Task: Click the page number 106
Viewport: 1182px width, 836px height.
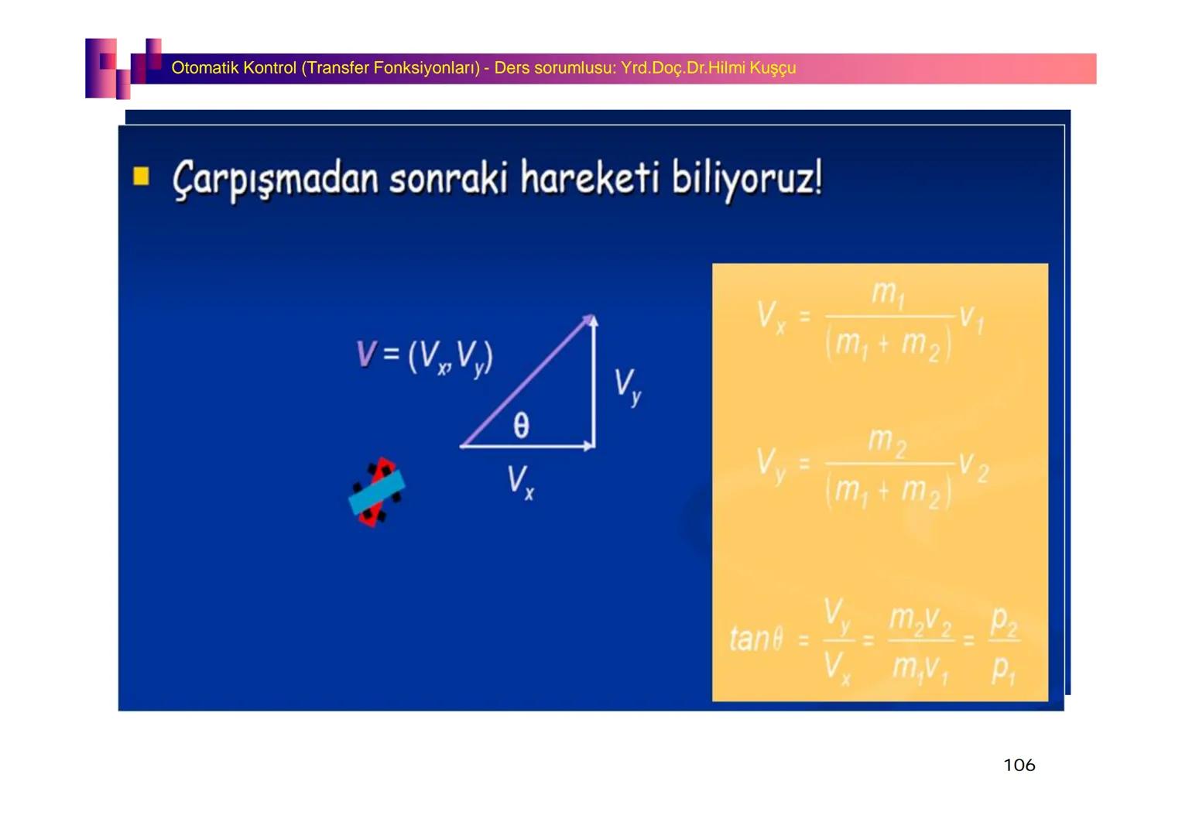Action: pyautogui.click(x=1019, y=765)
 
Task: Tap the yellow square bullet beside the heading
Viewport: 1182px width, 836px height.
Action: pyautogui.click(x=141, y=176)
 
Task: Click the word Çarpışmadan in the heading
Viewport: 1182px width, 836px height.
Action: pyautogui.click(x=275, y=180)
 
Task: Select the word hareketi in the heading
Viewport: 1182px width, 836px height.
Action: pyautogui.click(x=589, y=178)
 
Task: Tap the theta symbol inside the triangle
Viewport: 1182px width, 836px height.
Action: pyautogui.click(x=521, y=425)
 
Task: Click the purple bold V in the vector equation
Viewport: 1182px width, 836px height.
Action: pyautogui.click(x=365, y=354)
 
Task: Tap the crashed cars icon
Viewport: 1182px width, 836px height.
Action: pyautogui.click(x=376, y=492)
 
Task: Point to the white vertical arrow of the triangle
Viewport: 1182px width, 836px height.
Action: pyautogui.click(x=594, y=383)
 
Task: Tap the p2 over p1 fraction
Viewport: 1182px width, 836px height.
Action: pyautogui.click(x=1004, y=644)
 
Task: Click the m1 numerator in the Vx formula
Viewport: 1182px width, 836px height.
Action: pyautogui.click(x=887, y=293)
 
